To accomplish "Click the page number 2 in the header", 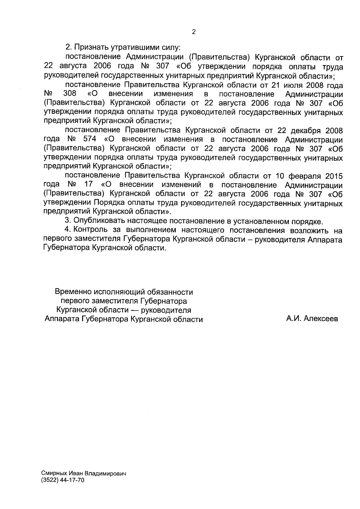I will click(x=193, y=32).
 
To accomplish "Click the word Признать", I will click(x=91, y=47).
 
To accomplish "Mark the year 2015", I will click(x=334, y=176).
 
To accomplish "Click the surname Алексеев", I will click(x=321, y=319).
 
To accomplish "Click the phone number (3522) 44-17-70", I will click(x=63, y=481).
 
